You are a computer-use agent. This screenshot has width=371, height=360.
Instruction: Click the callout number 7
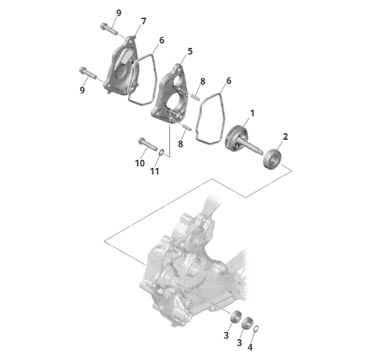pos(144,21)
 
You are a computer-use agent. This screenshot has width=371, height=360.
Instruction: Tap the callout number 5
pos(190,52)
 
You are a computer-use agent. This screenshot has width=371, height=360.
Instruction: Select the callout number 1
pos(252,113)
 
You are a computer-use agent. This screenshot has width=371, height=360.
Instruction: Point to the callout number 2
pos(285,137)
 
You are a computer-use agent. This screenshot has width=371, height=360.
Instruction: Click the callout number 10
pos(140,163)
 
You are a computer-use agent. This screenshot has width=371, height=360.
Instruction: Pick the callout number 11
pos(155,171)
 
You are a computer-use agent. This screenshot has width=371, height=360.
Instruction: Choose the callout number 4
pos(250,347)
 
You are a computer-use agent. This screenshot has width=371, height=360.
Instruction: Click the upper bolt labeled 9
pos(109,29)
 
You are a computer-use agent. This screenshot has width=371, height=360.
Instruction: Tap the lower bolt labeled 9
pos(88,73)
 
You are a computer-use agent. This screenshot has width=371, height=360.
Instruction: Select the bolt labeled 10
pos(148,144)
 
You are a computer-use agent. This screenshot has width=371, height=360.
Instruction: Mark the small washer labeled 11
pos(162,152)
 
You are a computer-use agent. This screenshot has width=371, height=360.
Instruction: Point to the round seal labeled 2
pos(273,158)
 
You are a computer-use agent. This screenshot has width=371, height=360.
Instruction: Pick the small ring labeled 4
pos(255,329)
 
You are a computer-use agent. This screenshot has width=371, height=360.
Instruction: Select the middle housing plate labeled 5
pos(170,93)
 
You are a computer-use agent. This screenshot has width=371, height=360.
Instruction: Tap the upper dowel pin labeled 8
pos(195,96)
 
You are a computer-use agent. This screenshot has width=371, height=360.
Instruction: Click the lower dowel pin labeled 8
pos(188,127)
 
